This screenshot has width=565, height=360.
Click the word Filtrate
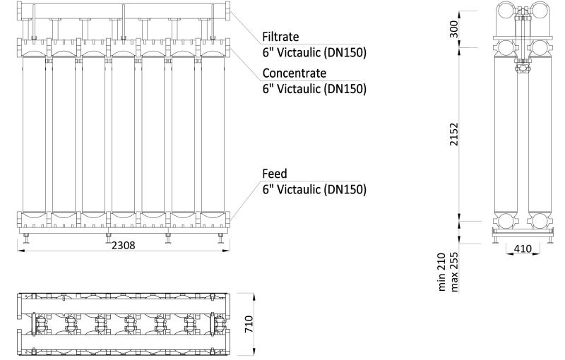point(280,37)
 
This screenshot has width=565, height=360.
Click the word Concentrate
point(295,73)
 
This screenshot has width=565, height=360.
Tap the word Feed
point(275,174)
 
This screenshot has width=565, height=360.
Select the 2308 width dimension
point(123,245)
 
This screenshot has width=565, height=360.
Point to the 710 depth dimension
point(249,325)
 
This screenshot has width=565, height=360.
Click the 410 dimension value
point(523,248)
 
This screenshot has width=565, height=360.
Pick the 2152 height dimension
point(454,134)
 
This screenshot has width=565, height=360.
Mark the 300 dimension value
point(454,29)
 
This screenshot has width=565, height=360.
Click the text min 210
point(442,272)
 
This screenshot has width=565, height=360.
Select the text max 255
point(454,272)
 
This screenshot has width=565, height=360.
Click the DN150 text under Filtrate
point(345,52)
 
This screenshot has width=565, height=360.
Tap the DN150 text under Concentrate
point(345,88)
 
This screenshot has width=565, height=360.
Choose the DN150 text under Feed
point(345,189)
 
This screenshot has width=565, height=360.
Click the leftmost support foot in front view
point(27,239)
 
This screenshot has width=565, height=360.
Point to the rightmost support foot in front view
point(221,239)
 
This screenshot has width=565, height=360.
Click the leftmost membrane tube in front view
point(34,134)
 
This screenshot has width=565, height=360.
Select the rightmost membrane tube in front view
point(213,134)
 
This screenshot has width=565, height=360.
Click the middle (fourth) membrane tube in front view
point(123,134)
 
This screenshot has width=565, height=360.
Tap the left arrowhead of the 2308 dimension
point(20,250)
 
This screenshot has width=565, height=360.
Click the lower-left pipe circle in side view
point(506,221)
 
